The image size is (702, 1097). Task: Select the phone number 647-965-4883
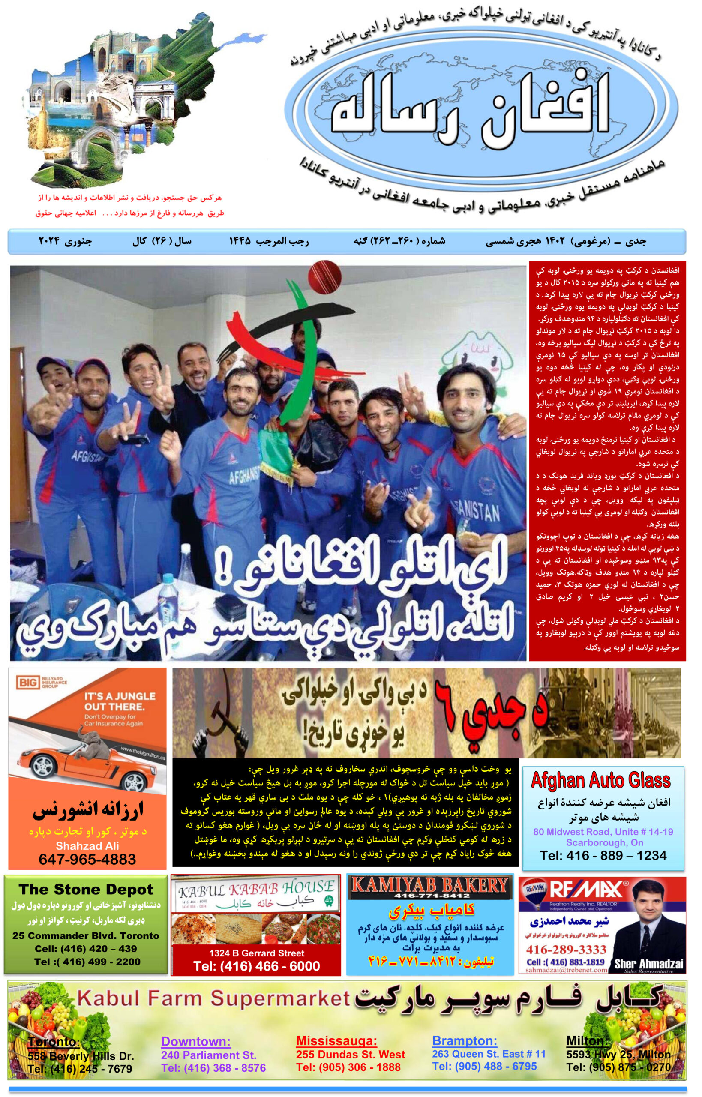click(87, 859)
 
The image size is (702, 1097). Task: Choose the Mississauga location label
click(336, 1040)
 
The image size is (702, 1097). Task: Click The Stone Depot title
click(86, 889)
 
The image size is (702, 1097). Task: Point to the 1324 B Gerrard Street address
click(257, 953)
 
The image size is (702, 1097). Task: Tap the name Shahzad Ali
click(87, 846)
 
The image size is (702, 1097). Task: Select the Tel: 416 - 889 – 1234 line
click(603, 855)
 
